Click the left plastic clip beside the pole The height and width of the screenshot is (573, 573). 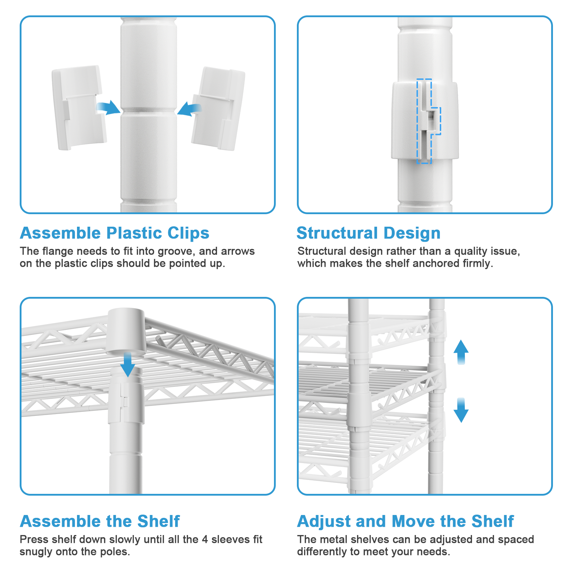click(x=79, y=107)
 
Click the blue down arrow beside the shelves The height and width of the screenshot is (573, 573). click(x=461, y=410)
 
